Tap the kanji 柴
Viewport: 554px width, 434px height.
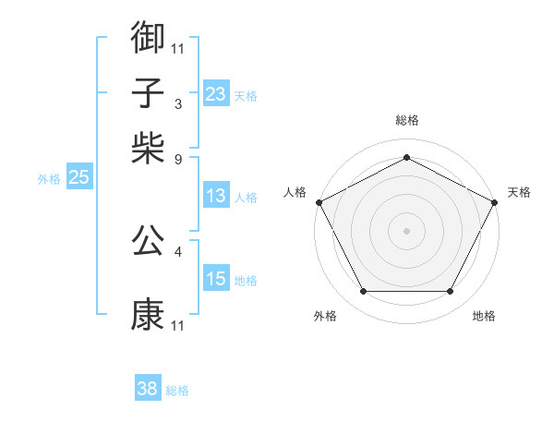148,147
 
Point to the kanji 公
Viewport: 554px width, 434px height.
148,241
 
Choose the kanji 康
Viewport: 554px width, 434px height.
148,315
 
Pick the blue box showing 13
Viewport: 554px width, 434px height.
216,196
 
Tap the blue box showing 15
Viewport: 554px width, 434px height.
216,279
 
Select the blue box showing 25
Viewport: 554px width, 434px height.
78,177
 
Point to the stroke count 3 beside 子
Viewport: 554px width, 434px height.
178,102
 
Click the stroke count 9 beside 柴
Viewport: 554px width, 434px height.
178,158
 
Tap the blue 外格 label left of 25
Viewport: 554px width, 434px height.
49,179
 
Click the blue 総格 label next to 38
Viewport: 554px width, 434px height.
177,391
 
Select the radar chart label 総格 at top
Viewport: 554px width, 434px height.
406,121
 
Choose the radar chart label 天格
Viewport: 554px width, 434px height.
519,192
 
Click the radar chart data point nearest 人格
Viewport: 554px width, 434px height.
319,201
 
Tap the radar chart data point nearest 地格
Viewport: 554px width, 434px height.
451,291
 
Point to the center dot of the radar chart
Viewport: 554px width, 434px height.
406,230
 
